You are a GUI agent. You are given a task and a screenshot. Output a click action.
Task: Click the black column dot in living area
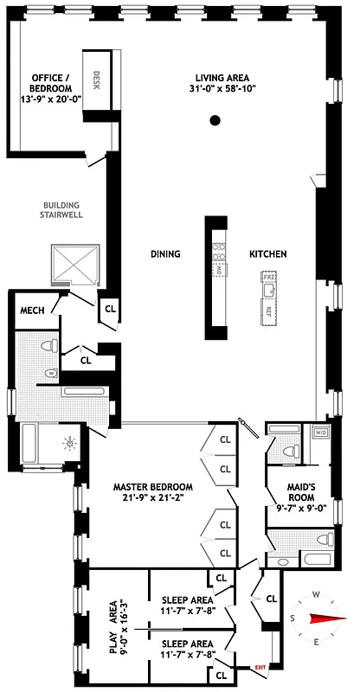click(214, 122)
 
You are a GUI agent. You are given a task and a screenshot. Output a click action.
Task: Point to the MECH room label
click(33, 312)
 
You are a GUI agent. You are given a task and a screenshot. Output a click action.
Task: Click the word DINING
click(165, 254)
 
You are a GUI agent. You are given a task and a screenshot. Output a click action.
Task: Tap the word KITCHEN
click(267, 254)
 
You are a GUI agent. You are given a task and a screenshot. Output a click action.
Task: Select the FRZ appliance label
click(269, 279)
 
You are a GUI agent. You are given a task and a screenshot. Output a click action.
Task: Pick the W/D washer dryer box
click(319, 432)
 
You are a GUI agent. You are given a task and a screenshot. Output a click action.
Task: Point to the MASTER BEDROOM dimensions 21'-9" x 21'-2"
click(152, 498)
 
